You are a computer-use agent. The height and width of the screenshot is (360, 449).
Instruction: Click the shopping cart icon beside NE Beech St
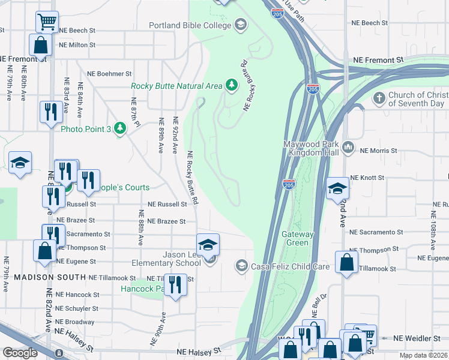pyautogui.click(x=47, y=22)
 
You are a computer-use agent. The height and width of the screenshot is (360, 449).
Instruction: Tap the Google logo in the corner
pyautogui.click(x=20, y=353)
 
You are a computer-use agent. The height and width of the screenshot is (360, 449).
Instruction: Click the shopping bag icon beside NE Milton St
pyautogui.click(x=40, y=45)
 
